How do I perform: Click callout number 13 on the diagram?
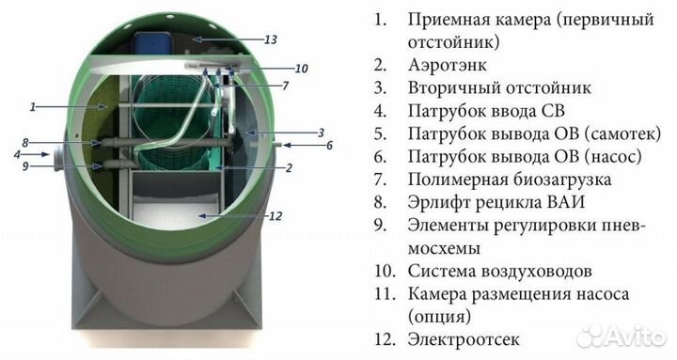click(x=270, y=39)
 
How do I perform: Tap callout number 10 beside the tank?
click(x=301, y=69)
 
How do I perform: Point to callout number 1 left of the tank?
click(x=32, y=107)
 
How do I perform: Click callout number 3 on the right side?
click(x=320, y=133)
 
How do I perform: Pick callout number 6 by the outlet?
click(x=330, y=146)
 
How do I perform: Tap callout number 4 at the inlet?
click(x=17, y=153)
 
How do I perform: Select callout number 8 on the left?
click(x=27, y=143)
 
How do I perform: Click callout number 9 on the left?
click(x=27, y=166)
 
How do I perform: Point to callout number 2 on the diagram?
click(x=290, y=169)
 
